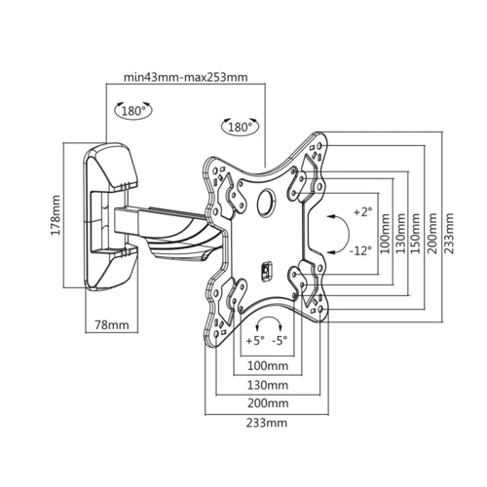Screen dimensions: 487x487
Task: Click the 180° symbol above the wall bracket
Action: click(x=132, y=111)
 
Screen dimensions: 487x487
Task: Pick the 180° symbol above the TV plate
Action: click(x=239, y=128)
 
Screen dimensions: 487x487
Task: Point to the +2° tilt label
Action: click(x=361, y=211)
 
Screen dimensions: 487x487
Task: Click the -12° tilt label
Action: click(x=360, y=250)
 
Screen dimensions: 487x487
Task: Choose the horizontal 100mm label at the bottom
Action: click(x=267, y=365)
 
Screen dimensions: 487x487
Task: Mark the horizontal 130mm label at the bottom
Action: click(x=267, y=384)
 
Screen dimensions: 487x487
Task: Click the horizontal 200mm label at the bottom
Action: click(x=267, y=403)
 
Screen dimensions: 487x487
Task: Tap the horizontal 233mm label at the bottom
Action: click(x=267, y=424)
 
